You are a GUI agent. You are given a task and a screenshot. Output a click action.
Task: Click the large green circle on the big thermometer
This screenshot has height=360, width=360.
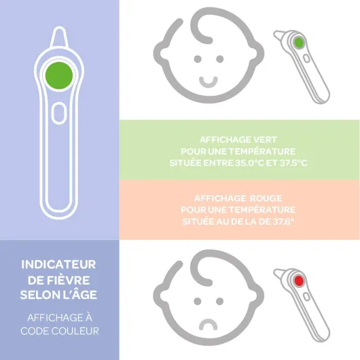(59, 75)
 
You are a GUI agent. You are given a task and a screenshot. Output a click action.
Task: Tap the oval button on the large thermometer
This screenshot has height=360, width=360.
(59, 113)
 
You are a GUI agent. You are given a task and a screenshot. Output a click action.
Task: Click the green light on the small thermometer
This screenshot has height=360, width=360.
(299, 43)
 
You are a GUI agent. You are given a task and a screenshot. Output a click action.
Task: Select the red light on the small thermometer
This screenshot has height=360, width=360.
(299, 281)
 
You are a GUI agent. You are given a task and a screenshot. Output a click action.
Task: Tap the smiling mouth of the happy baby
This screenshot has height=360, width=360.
(209, 82)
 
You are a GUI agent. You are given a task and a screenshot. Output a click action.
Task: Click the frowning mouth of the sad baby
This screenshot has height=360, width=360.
(209, 324)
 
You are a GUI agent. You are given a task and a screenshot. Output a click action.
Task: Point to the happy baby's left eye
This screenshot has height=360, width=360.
(198, 59)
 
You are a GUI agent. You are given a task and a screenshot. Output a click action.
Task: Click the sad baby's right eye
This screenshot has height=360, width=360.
(219, 301)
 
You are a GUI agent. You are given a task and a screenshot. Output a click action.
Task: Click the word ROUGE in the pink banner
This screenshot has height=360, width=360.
(266, 198)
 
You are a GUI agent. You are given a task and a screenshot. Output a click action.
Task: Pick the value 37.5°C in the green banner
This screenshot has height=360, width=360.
(293, 163)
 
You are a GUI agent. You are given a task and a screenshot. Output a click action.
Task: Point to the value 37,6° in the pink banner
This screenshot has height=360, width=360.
(283, 221)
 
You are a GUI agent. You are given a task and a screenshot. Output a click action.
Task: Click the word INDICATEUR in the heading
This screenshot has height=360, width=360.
(58, 264)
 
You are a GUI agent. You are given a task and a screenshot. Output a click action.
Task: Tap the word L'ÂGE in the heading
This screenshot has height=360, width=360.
(80, 294)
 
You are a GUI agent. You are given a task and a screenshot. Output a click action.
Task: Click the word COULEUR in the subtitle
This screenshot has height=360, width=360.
(75, 331)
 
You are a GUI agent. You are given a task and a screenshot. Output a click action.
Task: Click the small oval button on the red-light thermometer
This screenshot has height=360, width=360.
(306, 297)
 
